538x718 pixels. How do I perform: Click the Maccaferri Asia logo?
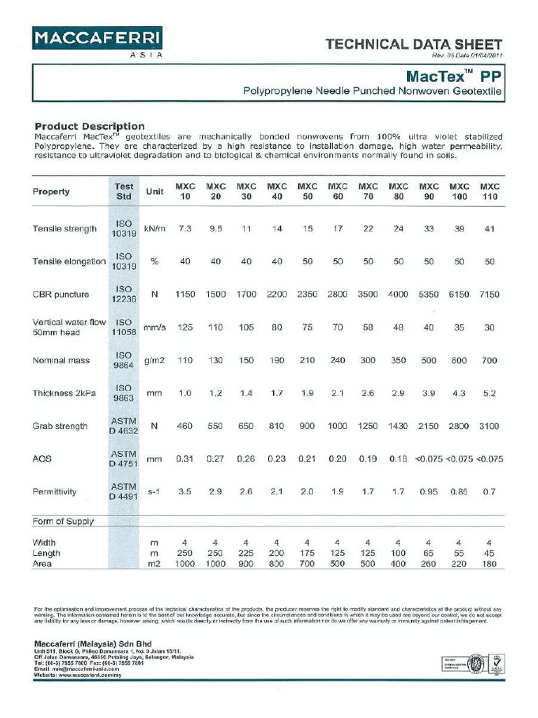point(97,41)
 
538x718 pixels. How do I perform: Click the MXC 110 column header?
point(489,191)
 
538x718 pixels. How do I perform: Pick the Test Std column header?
point(124,191)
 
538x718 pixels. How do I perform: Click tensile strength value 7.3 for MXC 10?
point(185,229)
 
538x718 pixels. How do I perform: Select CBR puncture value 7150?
point(489,294)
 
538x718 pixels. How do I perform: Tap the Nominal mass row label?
point(61,360)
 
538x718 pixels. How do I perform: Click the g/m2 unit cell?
point(154,360)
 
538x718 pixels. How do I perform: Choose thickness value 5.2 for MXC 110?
point(489,393)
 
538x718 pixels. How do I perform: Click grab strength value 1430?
point(398,426)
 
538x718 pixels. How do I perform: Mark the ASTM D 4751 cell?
point(124,459)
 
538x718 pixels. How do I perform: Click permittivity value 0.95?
point(428,492)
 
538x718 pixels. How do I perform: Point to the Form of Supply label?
point(63,522)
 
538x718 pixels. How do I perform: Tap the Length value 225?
point(246,553)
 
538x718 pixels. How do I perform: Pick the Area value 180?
point(489,563)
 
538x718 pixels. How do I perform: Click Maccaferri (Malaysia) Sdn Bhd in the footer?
point(92,644)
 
